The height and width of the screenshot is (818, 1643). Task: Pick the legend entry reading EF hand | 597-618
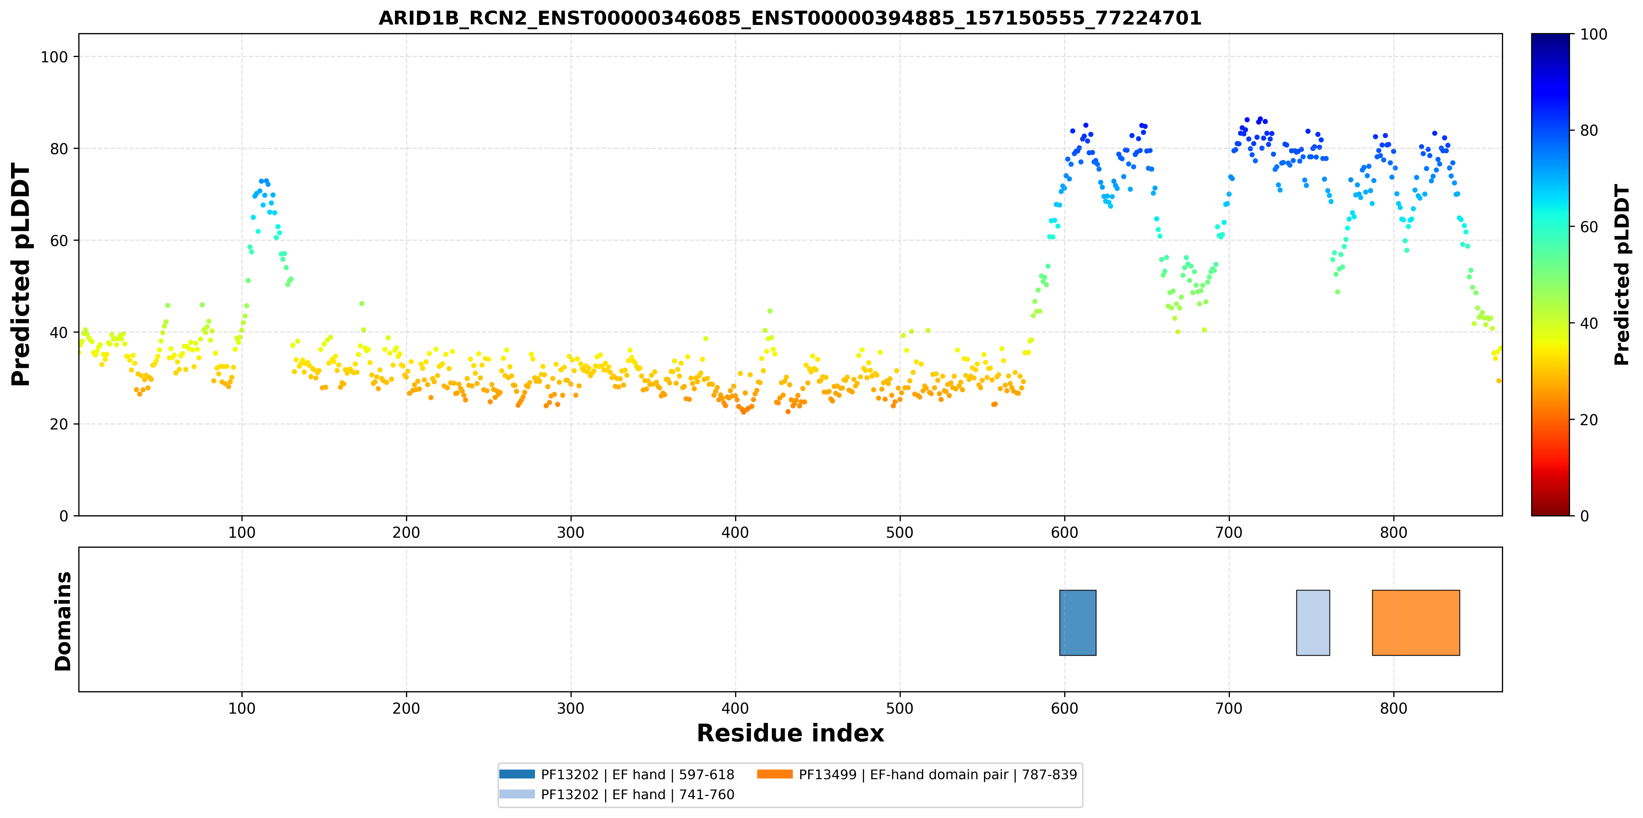(617, 775)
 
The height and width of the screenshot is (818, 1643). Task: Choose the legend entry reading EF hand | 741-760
(617, 794)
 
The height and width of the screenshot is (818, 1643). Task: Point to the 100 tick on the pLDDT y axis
(54, 57)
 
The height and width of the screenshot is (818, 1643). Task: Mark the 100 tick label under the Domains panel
(242, 708)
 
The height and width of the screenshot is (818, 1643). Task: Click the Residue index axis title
(790, 733)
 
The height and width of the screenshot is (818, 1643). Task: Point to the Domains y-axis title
(63, 621)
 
